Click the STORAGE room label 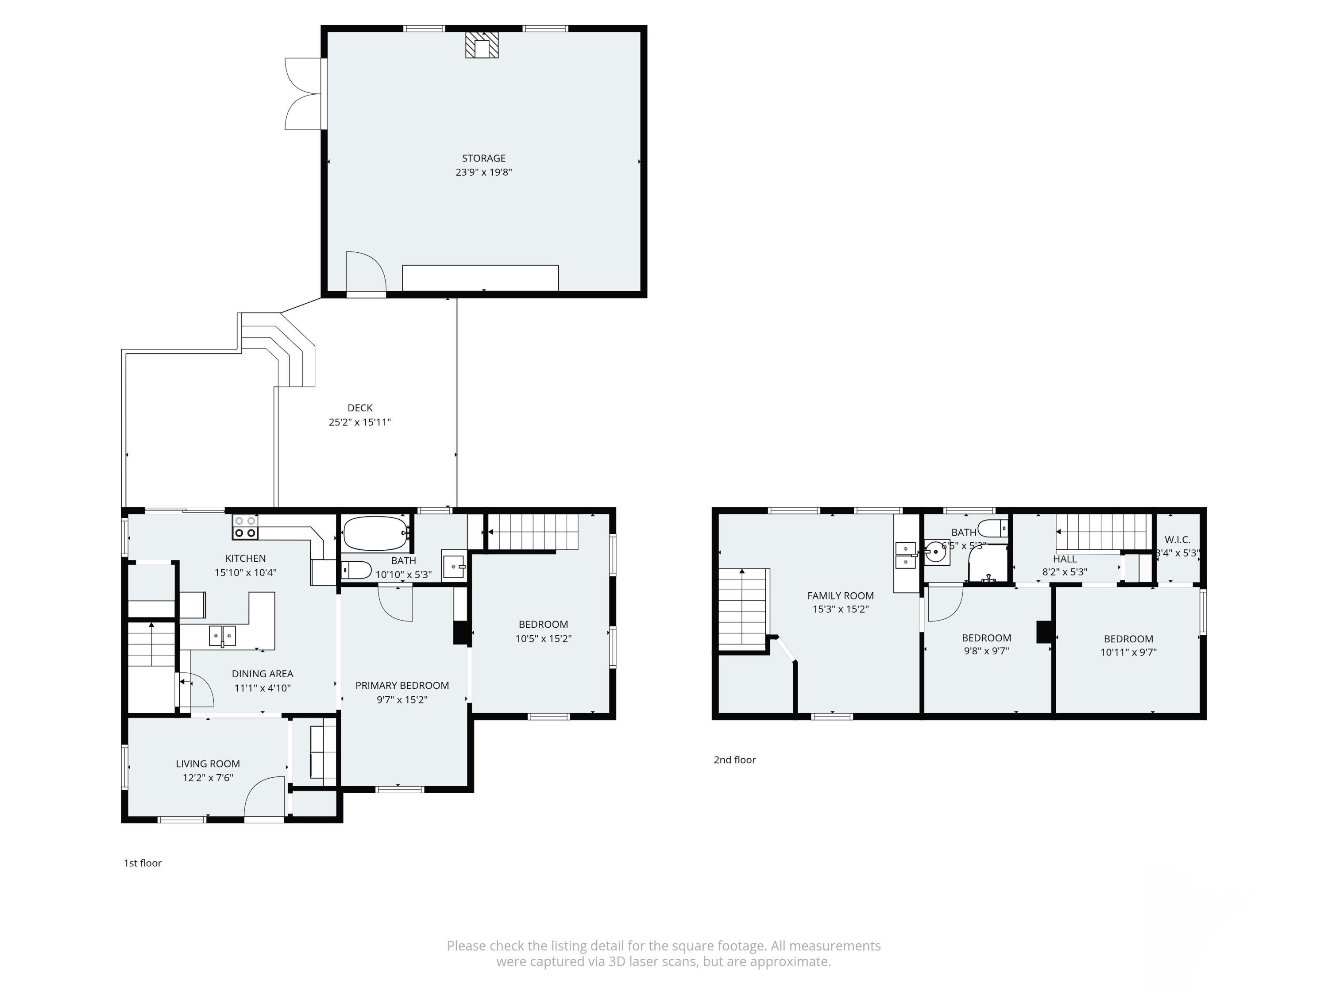483,158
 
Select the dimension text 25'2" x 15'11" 359,422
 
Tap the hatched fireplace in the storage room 482,45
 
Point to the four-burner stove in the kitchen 245,527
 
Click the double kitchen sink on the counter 222,635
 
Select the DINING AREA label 263,674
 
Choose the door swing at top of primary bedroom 396,604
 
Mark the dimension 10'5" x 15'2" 543,639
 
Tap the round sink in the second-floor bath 935,551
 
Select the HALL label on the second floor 1065,559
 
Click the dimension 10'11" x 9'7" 1128,652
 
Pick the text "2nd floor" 734,760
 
